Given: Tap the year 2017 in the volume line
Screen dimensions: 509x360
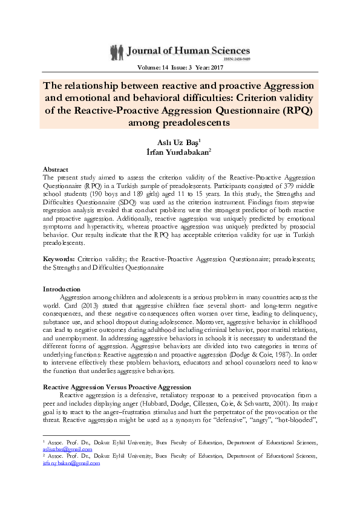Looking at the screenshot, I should tap(220, 69).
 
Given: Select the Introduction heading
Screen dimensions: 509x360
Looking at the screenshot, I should tap(62, 289).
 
